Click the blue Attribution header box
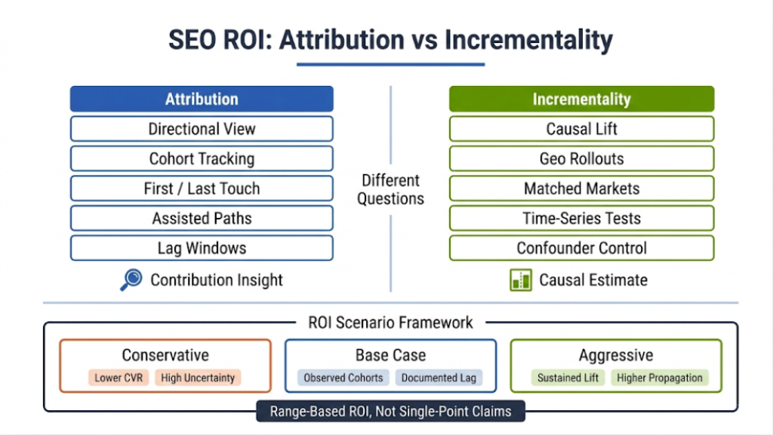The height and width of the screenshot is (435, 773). [x=202, y=99]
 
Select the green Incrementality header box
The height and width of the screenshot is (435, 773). [x=581, y=99]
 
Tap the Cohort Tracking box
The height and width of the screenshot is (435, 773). [x=202, y=158]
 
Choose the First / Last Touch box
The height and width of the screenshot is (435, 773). [x=202, y=188]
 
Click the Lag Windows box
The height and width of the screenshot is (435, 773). [x=202, y=248]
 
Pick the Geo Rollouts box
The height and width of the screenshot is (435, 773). [x=581, y=158]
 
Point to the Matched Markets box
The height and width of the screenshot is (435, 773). [x=581, y=188]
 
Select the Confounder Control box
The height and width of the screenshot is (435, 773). [x=581, y=248]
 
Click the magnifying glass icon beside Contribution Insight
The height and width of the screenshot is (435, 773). [x=131, y=280]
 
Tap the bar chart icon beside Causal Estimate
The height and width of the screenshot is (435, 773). [x=520, y=280]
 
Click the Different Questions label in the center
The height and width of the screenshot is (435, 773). [x=392, y=189]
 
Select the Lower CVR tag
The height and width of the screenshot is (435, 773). [x=119, y=378]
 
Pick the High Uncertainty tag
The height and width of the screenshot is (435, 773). [x=198, y=378]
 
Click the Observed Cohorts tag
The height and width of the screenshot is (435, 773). [x=343, y=378]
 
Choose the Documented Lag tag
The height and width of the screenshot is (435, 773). [x=439, y=378]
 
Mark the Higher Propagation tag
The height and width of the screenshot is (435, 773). [x=660, y=378]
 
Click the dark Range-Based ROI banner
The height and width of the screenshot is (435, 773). [x=390, y=412]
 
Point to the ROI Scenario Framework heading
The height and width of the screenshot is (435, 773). [x=390, y=323]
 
